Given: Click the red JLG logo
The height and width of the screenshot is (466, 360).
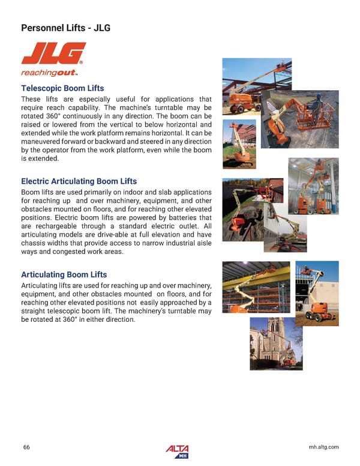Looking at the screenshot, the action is [53, 53].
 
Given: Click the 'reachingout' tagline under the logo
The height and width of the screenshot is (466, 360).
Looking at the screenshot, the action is [46, 73].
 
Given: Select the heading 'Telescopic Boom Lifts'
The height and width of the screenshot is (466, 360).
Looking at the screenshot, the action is [62, 88].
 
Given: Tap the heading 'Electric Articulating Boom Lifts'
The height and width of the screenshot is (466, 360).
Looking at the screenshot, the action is [79, 181].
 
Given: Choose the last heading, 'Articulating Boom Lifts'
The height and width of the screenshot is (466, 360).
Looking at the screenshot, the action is [64, 274].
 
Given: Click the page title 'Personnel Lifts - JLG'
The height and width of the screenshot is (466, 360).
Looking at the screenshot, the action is [66, 28].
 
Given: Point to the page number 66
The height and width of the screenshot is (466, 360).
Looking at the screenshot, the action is [26, 447].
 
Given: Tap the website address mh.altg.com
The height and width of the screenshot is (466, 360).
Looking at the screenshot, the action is [323, 447].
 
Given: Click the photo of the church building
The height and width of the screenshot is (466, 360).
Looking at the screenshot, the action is [276, 343].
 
